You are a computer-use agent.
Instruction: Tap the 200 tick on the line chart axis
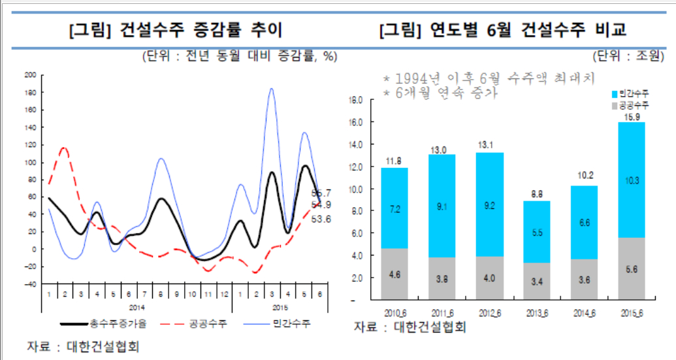(x=30, y=75)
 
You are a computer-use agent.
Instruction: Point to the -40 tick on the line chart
(x=30, y=284)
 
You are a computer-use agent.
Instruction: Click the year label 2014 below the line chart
(x=137, y=307)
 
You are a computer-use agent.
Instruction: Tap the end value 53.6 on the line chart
(x=322, y=220)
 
